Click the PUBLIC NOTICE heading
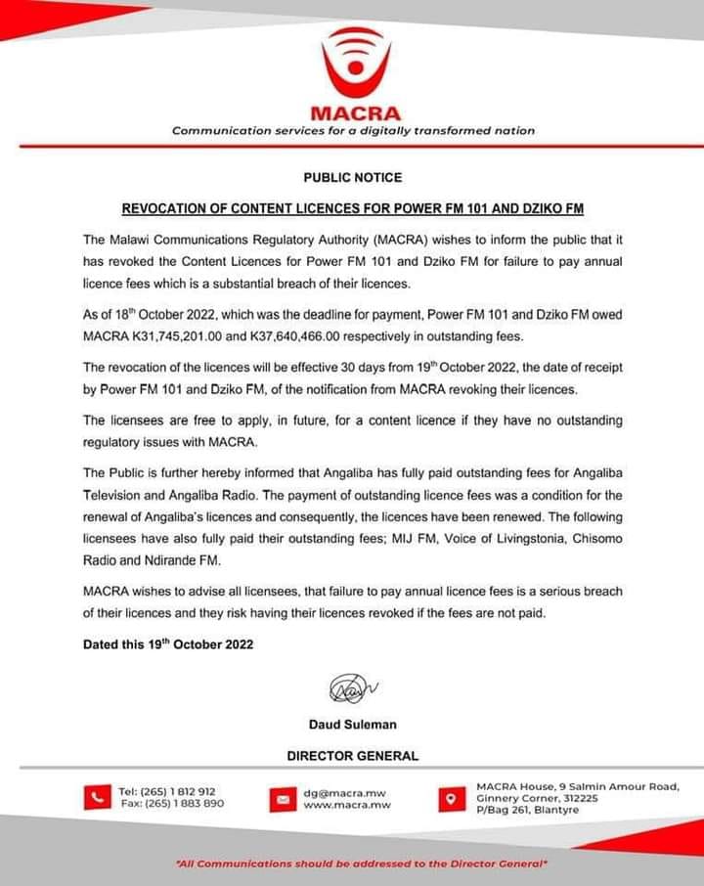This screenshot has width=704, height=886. [x=352, y=178]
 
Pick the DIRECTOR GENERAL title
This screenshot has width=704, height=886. [x=352, y=755]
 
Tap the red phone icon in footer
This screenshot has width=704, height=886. [x=95, y=797]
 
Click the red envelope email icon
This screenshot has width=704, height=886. [x=282, y=800]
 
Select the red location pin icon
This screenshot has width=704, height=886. [x=450, y=798]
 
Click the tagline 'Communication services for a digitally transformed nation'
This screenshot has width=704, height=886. [x=353, y=130]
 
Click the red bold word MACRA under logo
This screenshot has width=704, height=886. [x=354, y=112]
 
